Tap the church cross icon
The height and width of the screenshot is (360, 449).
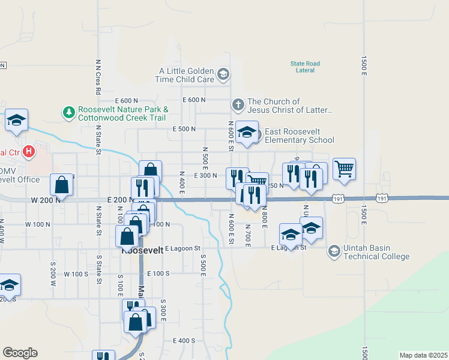click(238, 105)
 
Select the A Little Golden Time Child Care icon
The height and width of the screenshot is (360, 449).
click(223, 75)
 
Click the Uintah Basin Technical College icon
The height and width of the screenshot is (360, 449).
click(334, 251)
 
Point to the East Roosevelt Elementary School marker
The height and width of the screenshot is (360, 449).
click(246, 132)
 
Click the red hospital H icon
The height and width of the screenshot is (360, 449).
click(28, 152)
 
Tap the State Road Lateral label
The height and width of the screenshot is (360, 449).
click(305, 67)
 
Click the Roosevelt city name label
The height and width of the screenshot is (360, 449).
click(143, 252)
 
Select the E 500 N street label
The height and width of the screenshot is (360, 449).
click(184, 129)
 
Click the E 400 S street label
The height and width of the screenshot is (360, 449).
click(184, 340)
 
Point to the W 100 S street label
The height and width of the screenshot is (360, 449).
click(76, 274)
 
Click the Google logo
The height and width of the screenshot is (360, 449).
click(20, 353)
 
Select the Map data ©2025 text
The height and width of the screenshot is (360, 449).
click(423, 355)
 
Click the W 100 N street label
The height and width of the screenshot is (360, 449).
click(38, 224)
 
